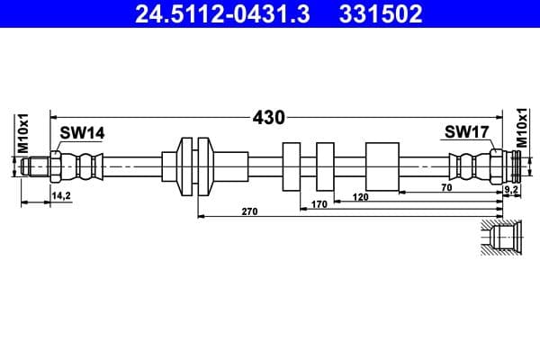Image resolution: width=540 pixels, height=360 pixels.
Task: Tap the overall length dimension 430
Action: point(269,117)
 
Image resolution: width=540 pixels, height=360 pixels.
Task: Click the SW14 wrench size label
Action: point(82,133)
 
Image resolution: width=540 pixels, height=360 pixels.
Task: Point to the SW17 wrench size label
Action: point(466,133)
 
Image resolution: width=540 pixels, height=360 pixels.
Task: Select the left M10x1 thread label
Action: point(25,131)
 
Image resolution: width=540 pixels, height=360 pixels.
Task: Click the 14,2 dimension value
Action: point(61,194)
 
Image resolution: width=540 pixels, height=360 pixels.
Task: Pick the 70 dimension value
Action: point(447,188)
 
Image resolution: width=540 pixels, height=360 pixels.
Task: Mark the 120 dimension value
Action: point(361,196)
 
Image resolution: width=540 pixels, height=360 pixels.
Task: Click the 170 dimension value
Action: point(319,204)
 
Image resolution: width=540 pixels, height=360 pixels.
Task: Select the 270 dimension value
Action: point(250,212)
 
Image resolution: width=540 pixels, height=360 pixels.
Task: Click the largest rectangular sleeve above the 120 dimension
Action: point(382,166)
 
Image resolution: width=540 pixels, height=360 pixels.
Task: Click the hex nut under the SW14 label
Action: point(57,166)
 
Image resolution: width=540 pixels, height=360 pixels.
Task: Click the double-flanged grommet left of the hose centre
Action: point(195,166)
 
